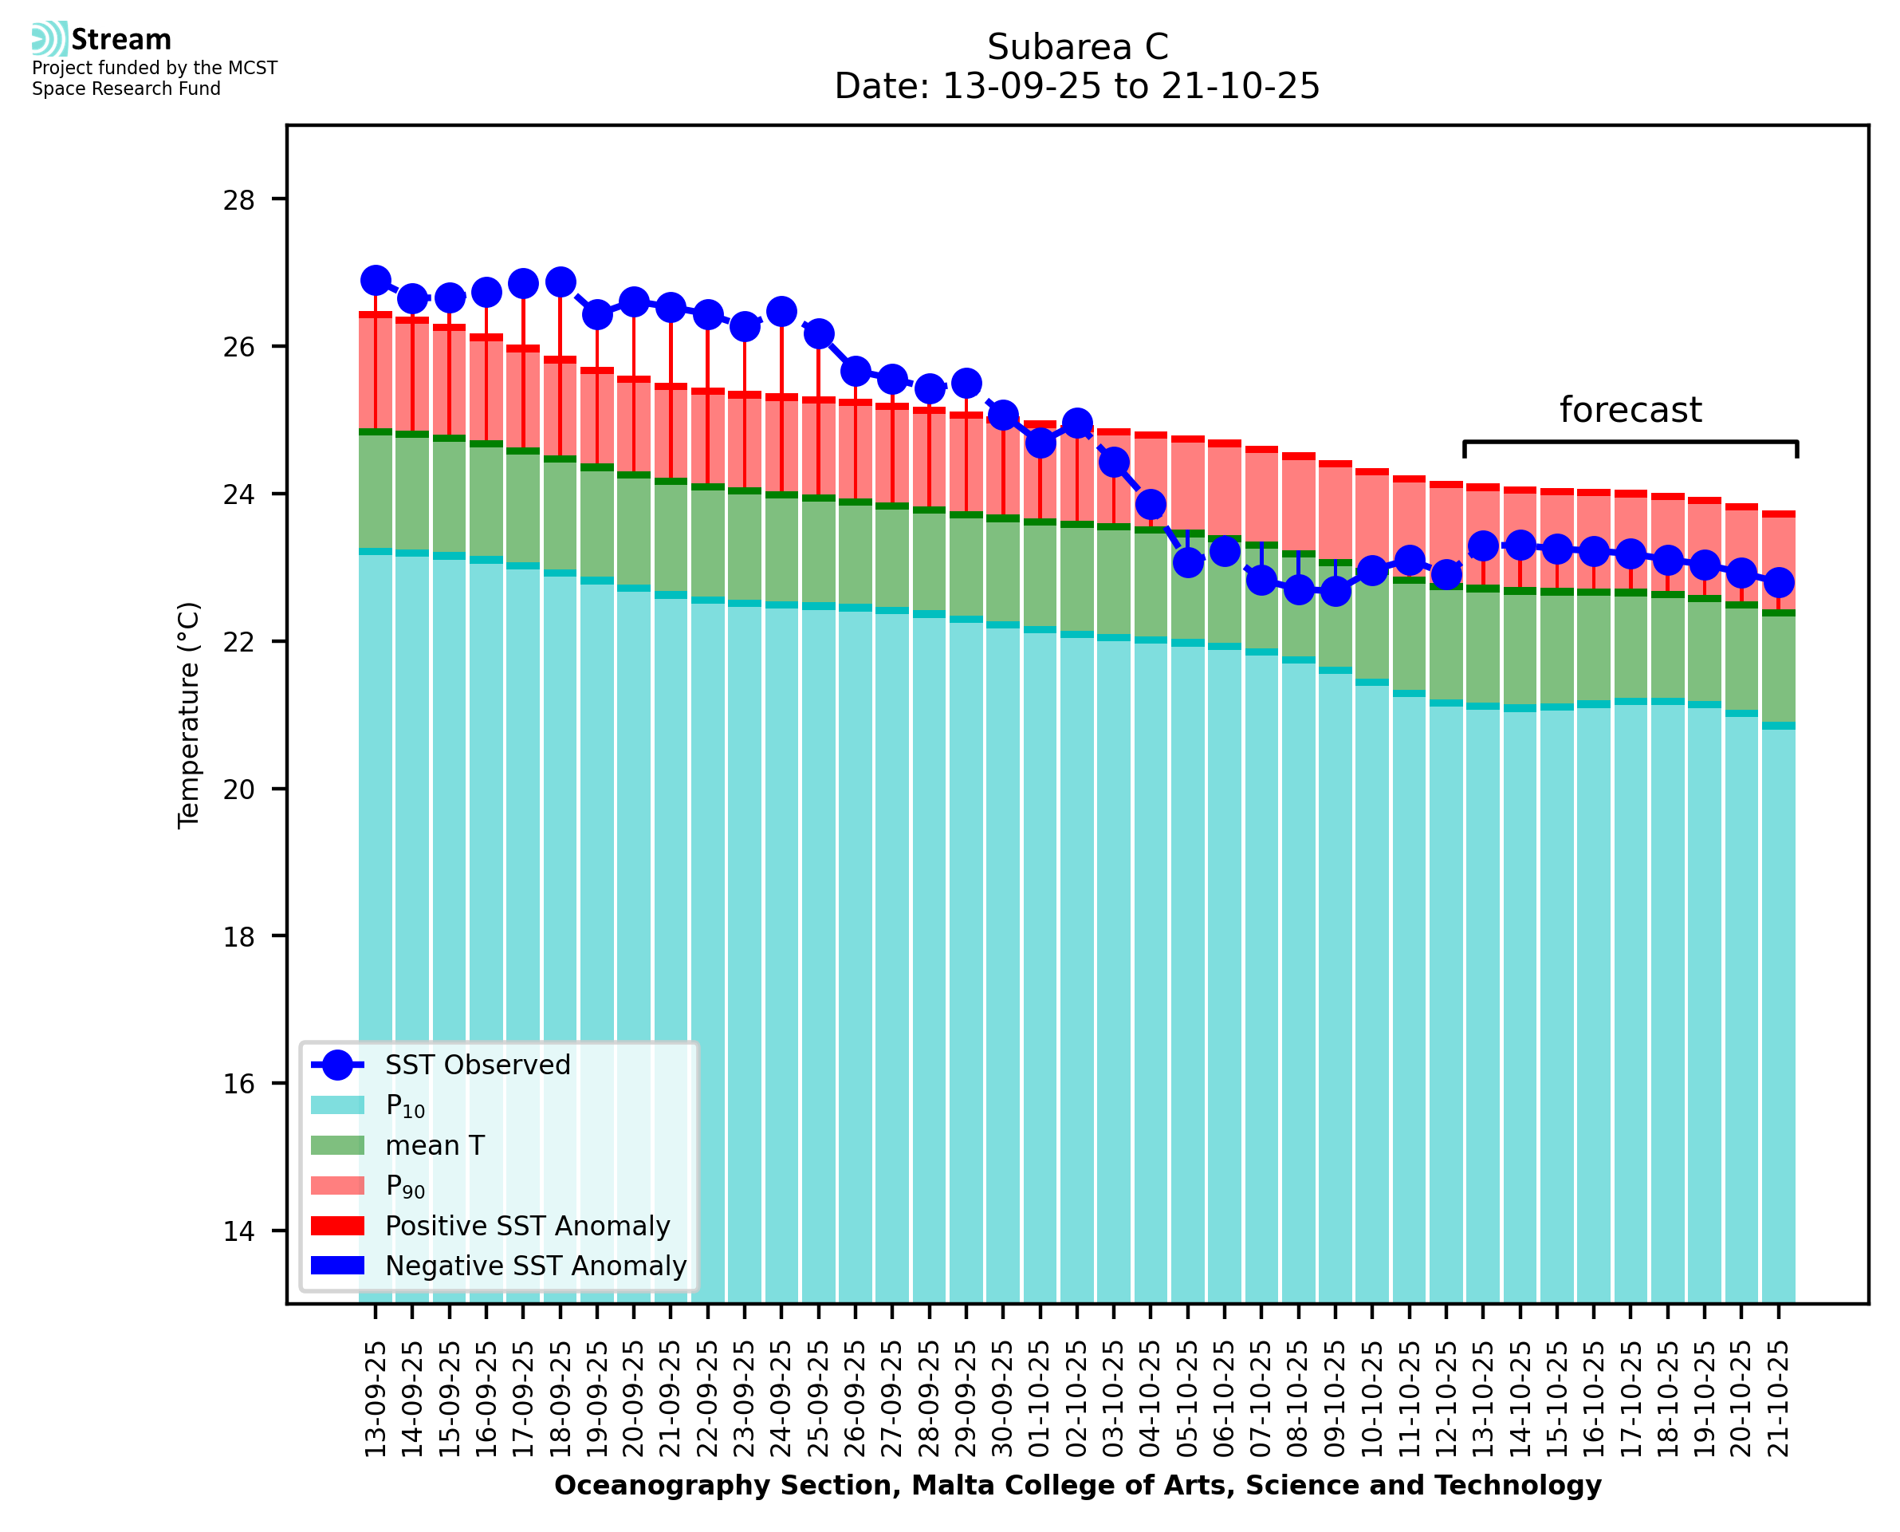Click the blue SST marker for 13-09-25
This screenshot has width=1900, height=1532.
[x=376, y=281]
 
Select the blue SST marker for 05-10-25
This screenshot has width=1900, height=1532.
[x=1187, y=561]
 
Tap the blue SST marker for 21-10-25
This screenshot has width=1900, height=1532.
[x=1777, y=582]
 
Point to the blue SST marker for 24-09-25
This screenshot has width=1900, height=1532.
[x=781, y=312]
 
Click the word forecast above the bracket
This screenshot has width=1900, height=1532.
[x=1629, y=411]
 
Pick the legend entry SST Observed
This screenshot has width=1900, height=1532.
[x=478, y=1065]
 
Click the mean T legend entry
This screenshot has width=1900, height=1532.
[x=435, y=1145]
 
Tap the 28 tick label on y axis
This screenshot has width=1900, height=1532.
[x=238, y=200]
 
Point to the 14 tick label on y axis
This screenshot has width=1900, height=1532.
[x=238, y=1231]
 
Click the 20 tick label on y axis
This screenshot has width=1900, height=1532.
[x=238, y=789]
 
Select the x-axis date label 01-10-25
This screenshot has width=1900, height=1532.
[x=1040, y=1399]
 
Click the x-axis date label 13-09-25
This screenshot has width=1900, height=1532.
[x=376, y=1399]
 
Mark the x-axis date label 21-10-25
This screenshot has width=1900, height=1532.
[x=1778, y=1399]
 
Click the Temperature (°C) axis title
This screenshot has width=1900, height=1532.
[x=189, y=715]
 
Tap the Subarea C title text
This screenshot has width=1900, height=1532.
[x=1077, y=47]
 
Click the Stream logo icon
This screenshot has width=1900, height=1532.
[x=49, y=39]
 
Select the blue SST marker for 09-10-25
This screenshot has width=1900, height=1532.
[x=1335, y=590]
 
